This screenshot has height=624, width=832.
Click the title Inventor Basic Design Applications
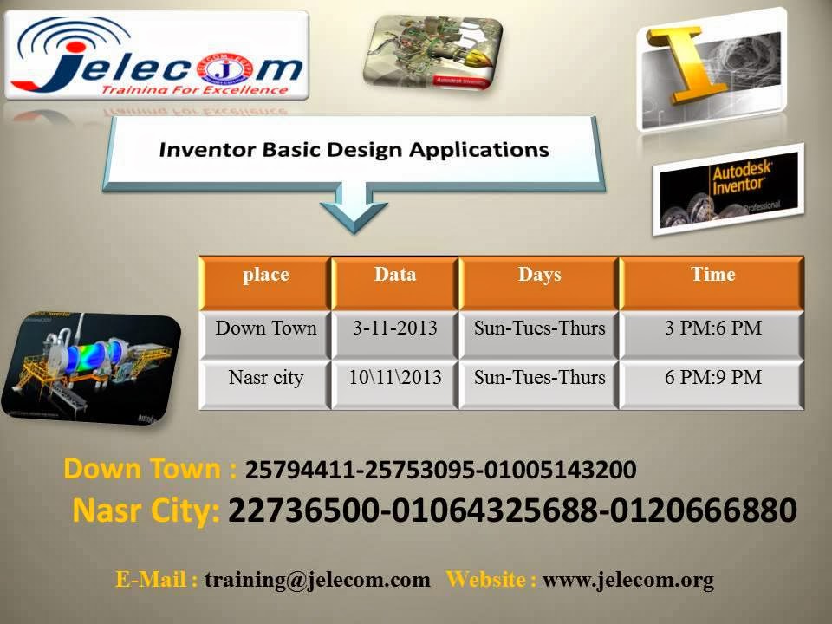[354, 150]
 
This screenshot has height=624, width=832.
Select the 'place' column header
[265, 276]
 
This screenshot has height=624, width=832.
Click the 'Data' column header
[394, 276]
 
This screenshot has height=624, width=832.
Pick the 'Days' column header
[539, 276]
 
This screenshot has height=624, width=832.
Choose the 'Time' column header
[712, 276]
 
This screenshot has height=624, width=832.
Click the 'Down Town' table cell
[265, 328]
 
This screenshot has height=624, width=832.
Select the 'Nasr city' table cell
[265, 379]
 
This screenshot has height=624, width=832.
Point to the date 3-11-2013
[394, 328]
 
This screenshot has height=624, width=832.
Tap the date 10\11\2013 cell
[394, 379]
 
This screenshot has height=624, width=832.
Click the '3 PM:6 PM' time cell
[712, 328]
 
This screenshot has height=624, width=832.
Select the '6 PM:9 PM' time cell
[712, 379]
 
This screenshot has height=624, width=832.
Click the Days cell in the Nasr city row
[539, 379]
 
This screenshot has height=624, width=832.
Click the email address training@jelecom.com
[317, 581]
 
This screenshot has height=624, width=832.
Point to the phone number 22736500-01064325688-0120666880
[511, 511]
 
